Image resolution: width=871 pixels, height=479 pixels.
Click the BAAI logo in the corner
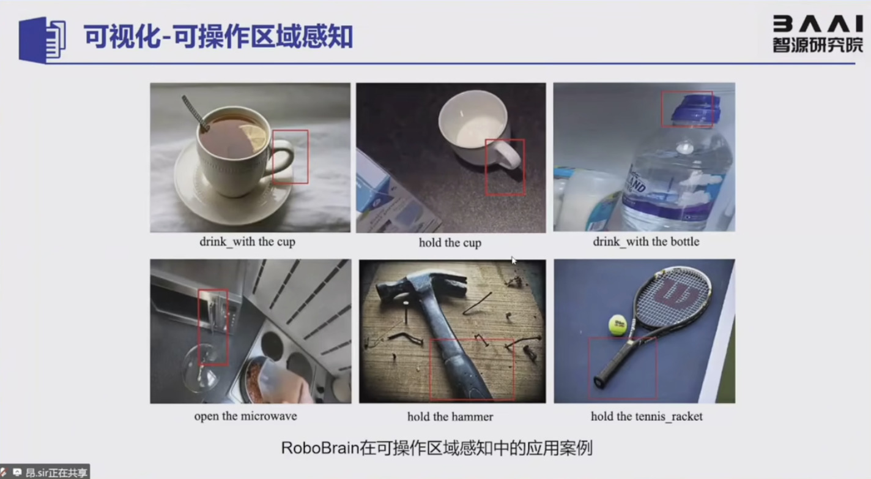click(x=818, y=34)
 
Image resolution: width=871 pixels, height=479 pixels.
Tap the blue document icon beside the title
click(x=42, y=40)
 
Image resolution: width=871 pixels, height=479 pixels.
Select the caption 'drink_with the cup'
click(x=247, y=242)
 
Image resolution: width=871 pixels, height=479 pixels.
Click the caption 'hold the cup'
click(x=450, y=243)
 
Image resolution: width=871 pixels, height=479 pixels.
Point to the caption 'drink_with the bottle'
click(x=646, y=242)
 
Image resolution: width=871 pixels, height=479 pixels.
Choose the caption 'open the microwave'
click(x=245, y=417)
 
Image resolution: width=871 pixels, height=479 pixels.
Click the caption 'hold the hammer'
click(x=450, y=417)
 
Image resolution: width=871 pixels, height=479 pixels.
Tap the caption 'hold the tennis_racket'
click(x=647, y=417)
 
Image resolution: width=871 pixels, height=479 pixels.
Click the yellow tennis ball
click(x=618, y=325)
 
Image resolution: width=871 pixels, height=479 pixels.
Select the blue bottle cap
click(x=693, y=108)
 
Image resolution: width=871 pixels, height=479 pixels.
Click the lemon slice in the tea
click(x=253, y=137)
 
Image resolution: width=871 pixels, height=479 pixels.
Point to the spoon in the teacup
click(x=195, y=113)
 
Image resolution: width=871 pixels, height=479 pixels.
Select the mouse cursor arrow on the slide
click(x=514, y=260)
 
